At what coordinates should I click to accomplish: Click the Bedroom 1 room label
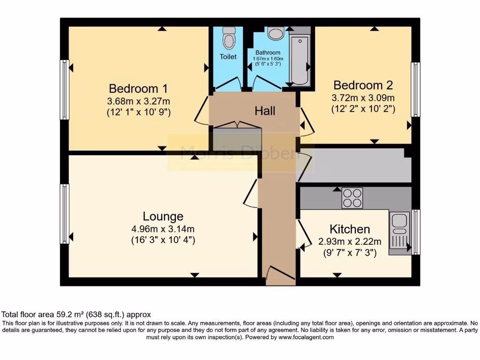138,88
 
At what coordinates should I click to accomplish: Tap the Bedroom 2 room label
363,85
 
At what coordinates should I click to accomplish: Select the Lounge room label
163,217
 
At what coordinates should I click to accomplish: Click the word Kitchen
350,229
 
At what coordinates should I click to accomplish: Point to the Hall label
265,111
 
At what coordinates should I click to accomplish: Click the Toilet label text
228,57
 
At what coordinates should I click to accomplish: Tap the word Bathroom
268,52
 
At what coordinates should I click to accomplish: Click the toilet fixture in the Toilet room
228,38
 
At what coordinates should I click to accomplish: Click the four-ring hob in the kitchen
352,198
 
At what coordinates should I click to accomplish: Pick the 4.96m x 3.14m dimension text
163,229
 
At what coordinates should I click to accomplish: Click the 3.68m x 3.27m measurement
138,101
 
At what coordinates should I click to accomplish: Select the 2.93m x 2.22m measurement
350,242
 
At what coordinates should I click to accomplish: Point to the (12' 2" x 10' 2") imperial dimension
363,109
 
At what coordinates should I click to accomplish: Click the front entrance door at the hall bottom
280,275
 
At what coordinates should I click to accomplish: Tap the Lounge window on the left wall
65,214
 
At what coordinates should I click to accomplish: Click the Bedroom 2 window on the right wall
415,89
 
